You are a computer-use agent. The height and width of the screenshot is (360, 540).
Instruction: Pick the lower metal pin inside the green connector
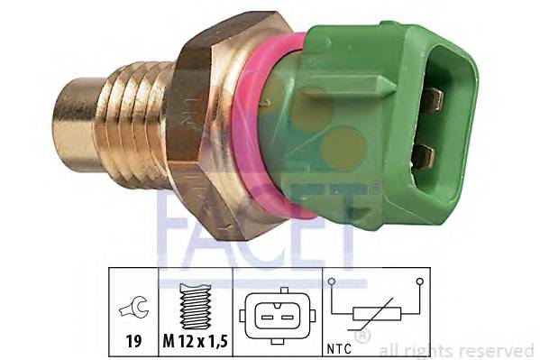(422, 155)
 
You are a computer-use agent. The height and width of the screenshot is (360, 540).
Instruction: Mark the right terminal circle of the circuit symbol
(419, 282)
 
